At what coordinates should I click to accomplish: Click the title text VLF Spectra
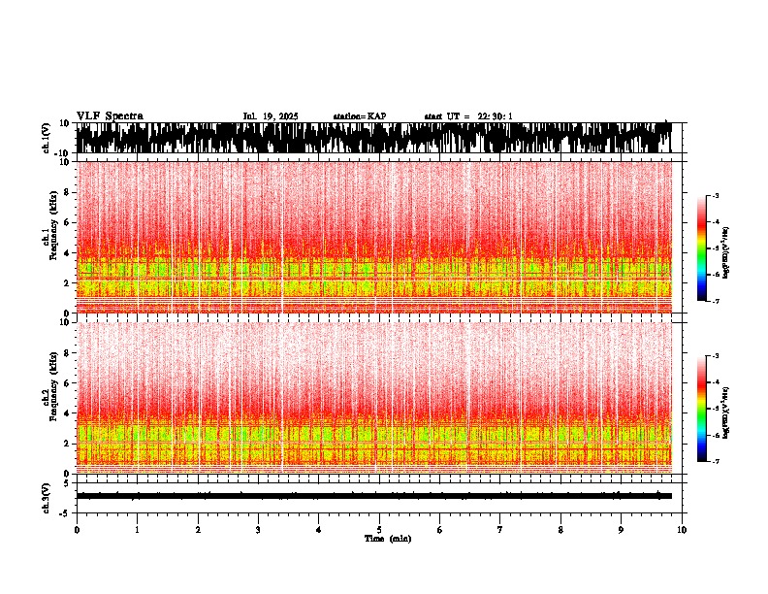pyautogui.click(x=110, y=116)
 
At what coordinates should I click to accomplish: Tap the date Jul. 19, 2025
pyautogui.click(x=271, y=116)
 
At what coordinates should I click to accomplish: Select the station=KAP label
pyautogui.click(x=360, y=116)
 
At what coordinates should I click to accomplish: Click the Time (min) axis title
pyautogui.click(x=387, y=539)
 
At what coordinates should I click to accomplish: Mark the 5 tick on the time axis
pyautogui.click(x=379, y=530)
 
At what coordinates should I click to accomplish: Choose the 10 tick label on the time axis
pyautogui.click(x=682, y=530)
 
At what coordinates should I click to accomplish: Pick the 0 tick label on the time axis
pyautogui.click(x=77, y=530)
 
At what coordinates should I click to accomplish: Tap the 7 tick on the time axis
pyautogui.click(x=500, y=530)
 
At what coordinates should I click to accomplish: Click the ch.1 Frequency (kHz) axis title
pyautogui.click(x=50, y=238)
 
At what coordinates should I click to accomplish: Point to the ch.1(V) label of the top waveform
pyautogui.click(x=46, y=138)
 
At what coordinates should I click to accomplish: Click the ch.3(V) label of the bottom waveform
pyautogui.click(x=46, y=497)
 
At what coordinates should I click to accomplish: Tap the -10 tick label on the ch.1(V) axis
pyautogui.click(x=62, y=153)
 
